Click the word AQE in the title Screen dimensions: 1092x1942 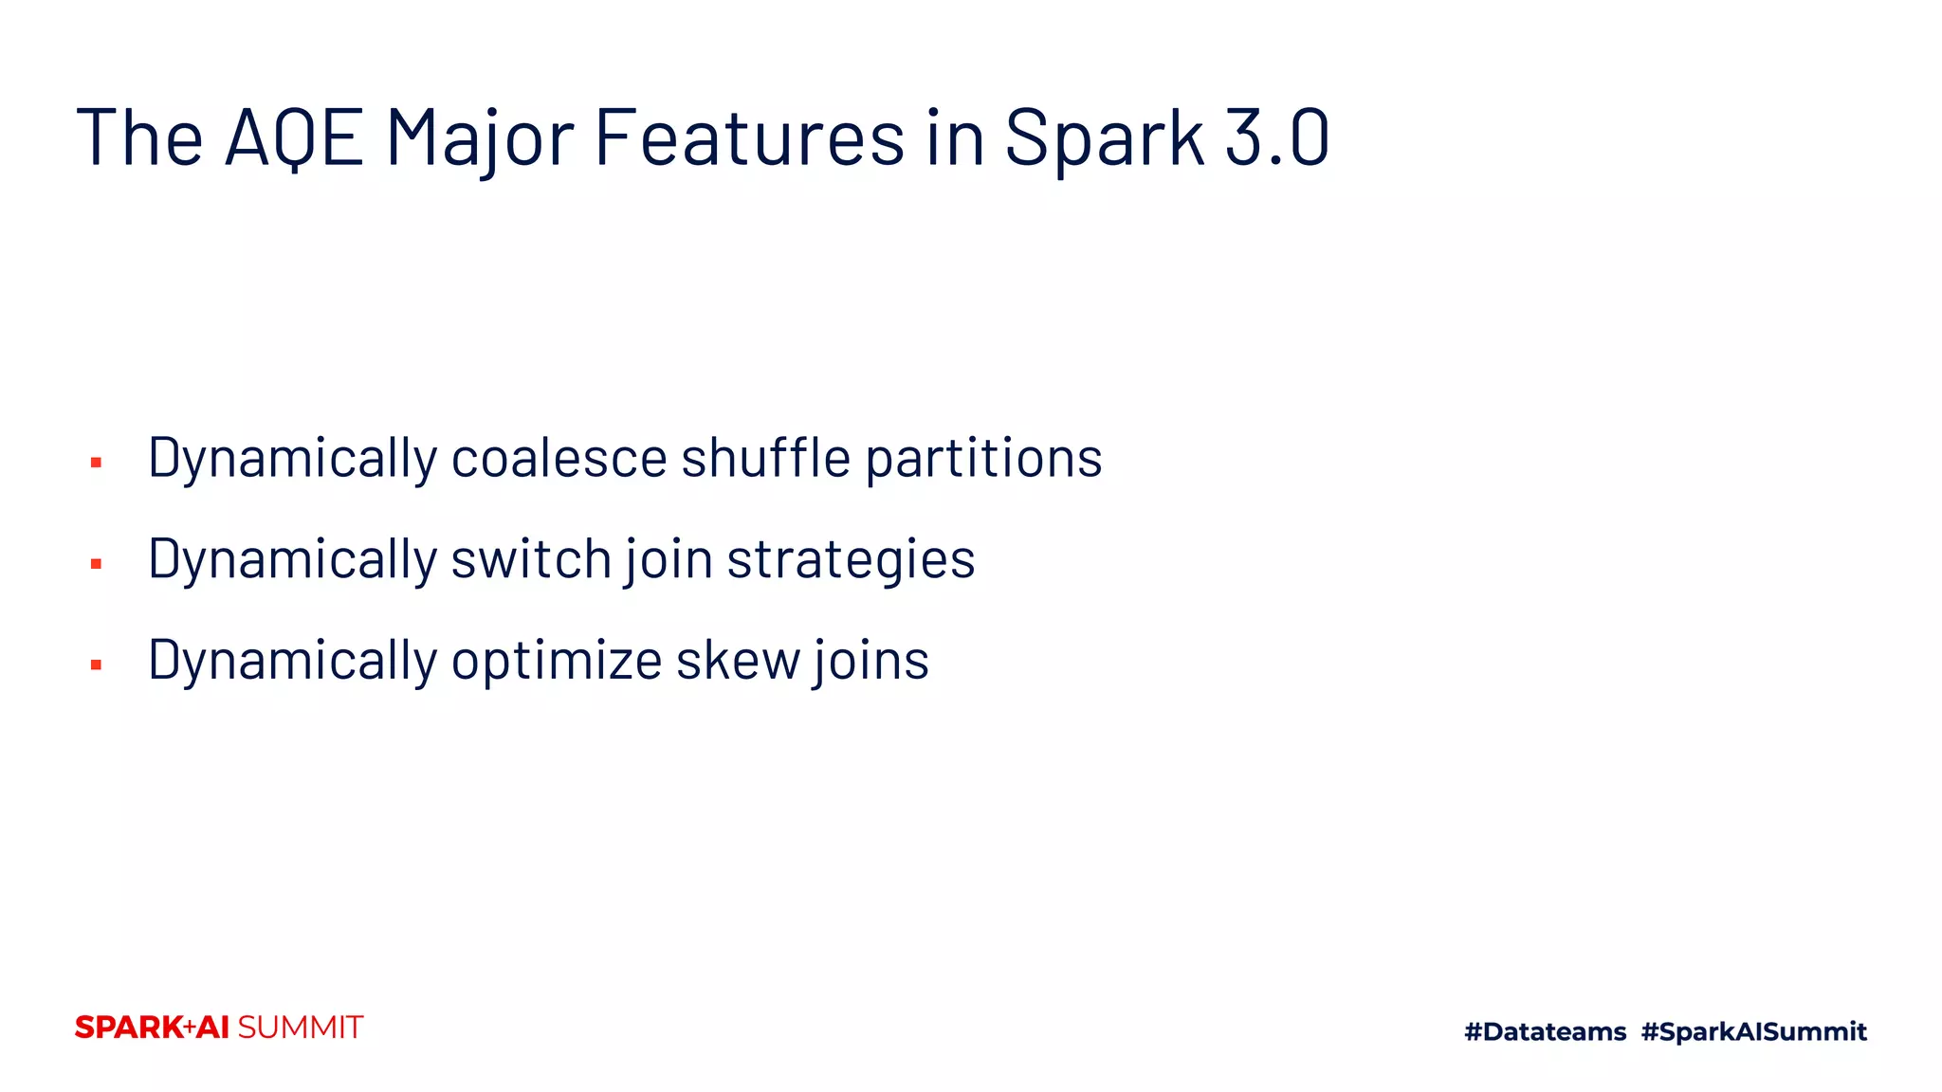click(x=294, y=138)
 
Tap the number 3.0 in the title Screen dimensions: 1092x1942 click(x=1277, y=138)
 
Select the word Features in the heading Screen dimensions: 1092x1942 click(x=749, y=138)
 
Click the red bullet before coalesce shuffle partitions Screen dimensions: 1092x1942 click(x=96, y=463)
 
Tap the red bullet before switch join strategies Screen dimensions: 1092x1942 click(x=96, y=564)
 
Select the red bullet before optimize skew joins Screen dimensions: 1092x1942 click(x=96, y=665)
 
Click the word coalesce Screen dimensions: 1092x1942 click(x=559, y=459)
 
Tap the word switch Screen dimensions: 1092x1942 click(x=531, y=559)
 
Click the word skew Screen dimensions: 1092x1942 click(x=738, y=661)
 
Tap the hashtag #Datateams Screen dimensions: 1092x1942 click(x=1545, y=1031)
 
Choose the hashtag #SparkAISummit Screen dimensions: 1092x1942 click(x=1753, y=1031)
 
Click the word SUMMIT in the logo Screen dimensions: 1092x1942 click(x=301, y=1028)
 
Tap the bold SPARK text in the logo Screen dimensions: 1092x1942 click(x=129, y=1028)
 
